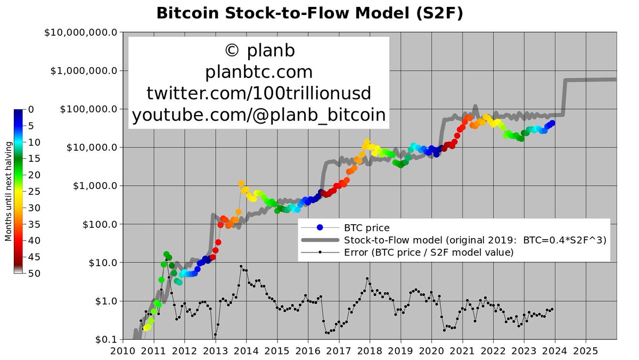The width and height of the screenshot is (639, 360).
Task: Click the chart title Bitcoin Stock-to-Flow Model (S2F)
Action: tap(309, 13)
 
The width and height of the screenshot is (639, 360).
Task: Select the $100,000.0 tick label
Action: tap(87, 109)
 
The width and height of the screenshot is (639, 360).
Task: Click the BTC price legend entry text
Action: tap(367, 228)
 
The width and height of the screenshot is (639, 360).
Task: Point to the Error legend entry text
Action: tap(429, 252)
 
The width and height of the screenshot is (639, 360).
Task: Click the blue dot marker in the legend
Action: tap(319, 228)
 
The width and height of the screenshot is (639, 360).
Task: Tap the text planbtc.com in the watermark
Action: tap(259, 72)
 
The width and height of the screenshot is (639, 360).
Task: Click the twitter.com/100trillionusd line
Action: tap(259, 93)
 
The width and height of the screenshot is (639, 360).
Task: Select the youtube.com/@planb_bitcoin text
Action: tap(259, 114)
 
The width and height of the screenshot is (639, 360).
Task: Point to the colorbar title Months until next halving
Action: tap(8, 191)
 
